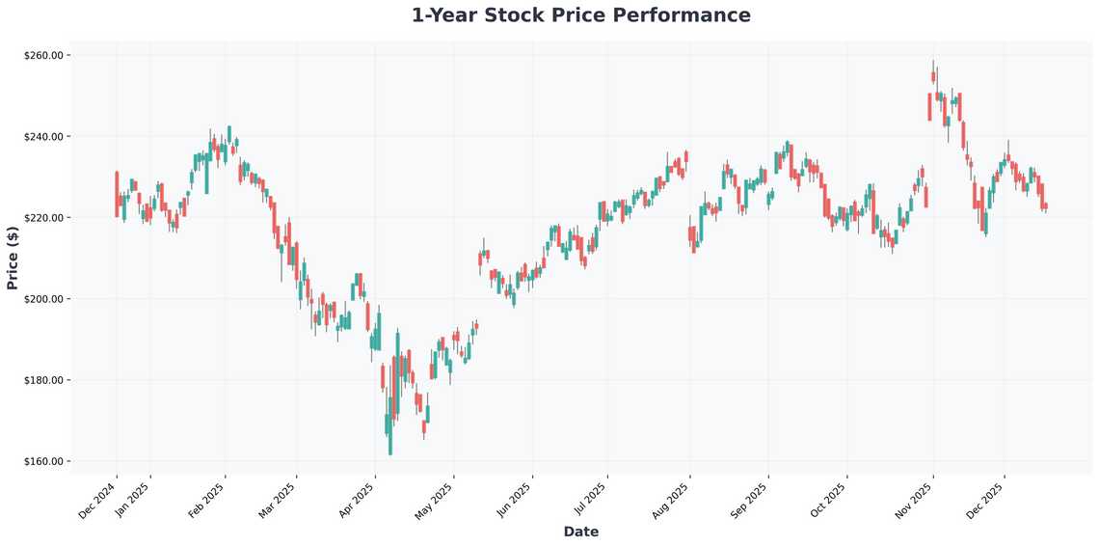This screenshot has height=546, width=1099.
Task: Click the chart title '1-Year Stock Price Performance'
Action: (x=580, y=15)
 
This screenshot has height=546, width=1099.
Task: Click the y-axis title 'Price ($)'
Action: (x=13, y=259)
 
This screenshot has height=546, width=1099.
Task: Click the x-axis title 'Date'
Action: (x=580, y=532)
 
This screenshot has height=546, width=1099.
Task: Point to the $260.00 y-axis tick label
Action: (x=43, y=56)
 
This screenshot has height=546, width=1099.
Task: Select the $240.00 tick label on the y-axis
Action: (x=43, y=137)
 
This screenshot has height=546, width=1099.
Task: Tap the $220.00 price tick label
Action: (x=43, y=218)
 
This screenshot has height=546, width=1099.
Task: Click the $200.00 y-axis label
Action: (x=43, y=299)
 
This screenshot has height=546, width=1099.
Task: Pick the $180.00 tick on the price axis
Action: (x=43, y=380)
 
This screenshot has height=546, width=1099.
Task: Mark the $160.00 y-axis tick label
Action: (x=43, y=461)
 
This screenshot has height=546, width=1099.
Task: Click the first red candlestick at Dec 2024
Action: (x=117, y=194)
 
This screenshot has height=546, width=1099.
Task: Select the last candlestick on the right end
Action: (x=1045, y=206)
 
